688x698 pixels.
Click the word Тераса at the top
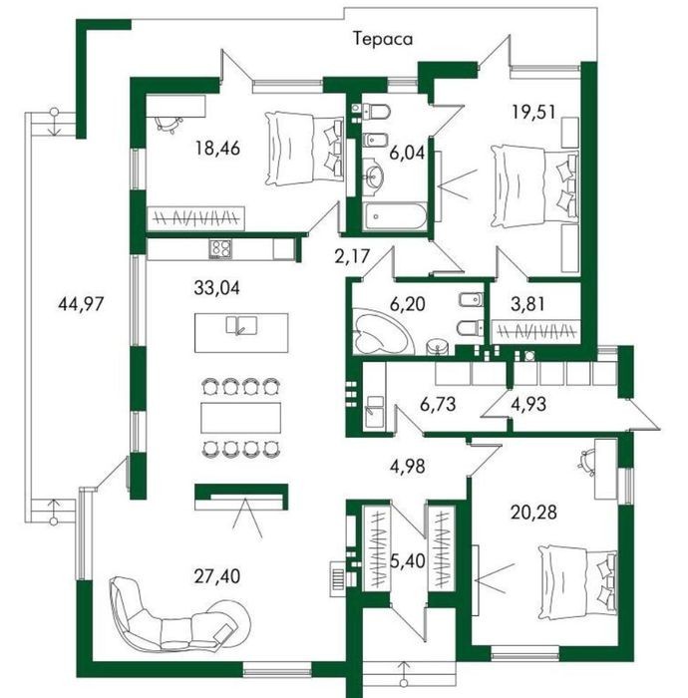(x=383, y=39)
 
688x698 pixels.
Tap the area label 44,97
(x=81, y=304)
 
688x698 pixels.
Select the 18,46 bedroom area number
(x=217, y=148)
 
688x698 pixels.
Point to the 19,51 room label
(x=533, y=112)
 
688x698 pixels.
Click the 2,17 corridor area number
(x=352, y=256)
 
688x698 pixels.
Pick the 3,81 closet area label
(x=527, y=304)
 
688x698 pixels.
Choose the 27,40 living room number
(x=217, y=576)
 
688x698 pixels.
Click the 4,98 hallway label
(x=407, y=467)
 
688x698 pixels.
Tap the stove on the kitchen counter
(x=220, y=249)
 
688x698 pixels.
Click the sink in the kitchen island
(x=241, y=324)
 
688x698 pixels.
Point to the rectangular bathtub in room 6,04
(x=394, y=216)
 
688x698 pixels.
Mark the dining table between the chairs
(x=240, y=418)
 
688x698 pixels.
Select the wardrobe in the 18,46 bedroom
(x=195, y=218)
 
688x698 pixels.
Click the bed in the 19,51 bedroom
(x=534, y=186)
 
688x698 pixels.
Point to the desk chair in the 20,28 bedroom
(x=587, y=461)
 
